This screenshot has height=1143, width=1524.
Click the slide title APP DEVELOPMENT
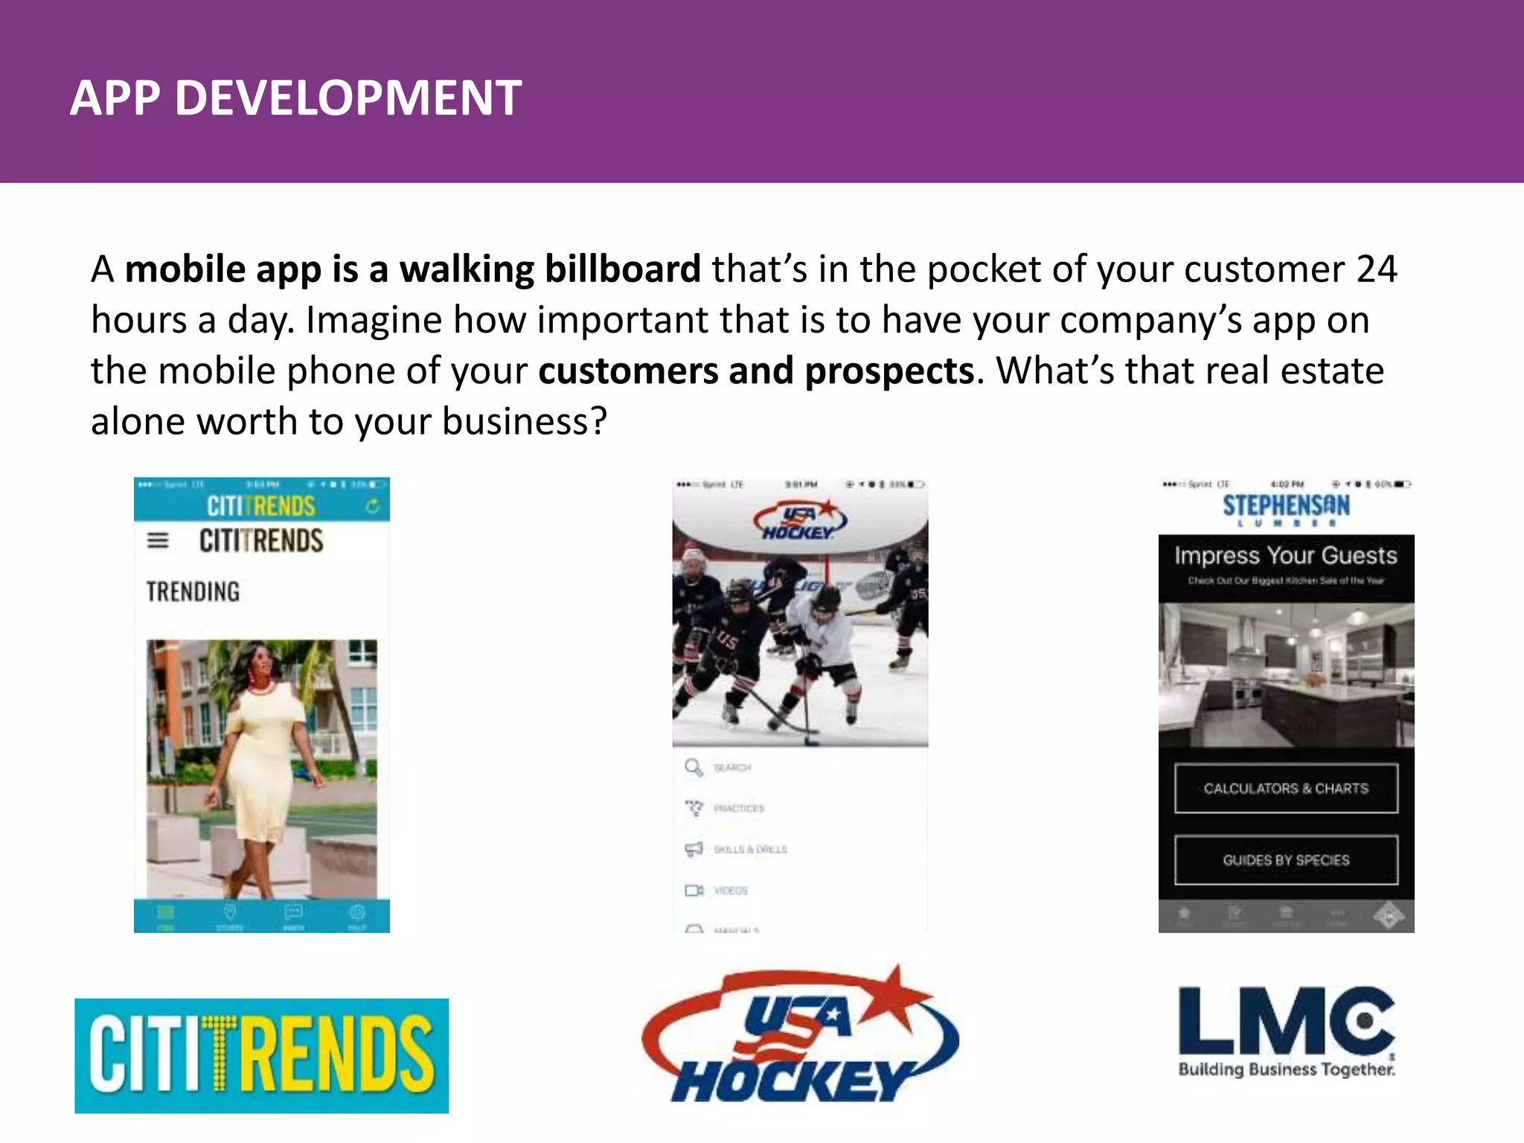pyautogui.click(x=295, y=97)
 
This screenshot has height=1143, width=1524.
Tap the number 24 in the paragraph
pyautogui.click(x=1376, y=269)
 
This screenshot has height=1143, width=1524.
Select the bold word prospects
pyautogui.click(x=889, y=371)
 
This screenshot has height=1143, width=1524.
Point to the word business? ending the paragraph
pyautogui.click(x=525, y=422)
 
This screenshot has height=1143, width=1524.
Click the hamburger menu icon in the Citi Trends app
pyautogui.click(x=158, y=540)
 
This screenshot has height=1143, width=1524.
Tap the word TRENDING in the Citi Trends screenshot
pyautogui.click(x=193, y=592)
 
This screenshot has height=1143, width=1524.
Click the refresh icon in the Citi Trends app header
pyautogui.click(x=373, y=506)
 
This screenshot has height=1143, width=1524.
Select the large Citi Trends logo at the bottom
pyautogui.click(x=262, y=1055)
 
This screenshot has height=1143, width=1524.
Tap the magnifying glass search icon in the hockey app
pyautogui.click(x=694, y=767)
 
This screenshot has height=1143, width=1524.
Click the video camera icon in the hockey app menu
pyautogui.click(x=694, y=890)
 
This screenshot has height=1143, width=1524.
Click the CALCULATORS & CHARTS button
pyautogui.click(x=1286, y=788)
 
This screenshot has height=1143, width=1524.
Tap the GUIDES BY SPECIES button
pyautogui.click(x=1286, y=860)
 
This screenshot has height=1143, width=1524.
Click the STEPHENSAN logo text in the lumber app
pyautogui.click(x=1286, y=506)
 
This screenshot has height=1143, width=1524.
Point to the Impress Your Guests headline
pyautogui.click(x=1286, y=555)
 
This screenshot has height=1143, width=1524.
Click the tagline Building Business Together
pyautogui.click(x=1286, y=1069)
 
